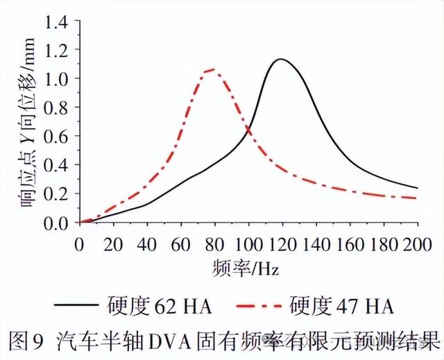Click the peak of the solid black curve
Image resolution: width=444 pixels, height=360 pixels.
pos(280,60)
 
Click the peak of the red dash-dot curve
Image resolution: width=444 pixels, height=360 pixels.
pos(212,69)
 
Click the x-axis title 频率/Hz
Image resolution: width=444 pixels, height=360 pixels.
pos(248,266)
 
